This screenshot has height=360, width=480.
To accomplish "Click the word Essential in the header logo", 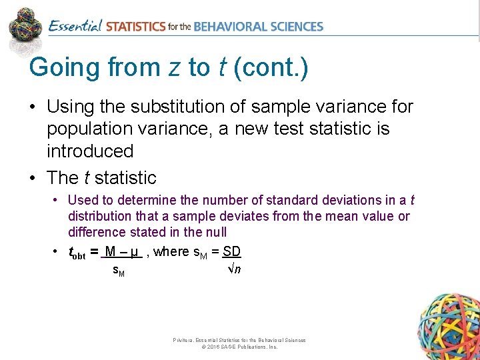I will point(75,27).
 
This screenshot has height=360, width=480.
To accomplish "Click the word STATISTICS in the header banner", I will point(135,27).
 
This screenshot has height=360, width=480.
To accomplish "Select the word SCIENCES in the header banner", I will point(294,27).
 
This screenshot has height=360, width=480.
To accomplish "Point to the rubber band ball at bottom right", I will point(447,327).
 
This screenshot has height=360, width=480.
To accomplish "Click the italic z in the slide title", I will point(175,68).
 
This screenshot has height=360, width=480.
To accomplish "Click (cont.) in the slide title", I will point(271,68).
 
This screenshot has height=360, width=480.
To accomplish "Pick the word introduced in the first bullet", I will point(90,151).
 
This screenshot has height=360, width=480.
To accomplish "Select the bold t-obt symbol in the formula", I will point(78,252).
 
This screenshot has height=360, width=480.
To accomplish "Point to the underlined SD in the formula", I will point(232,251).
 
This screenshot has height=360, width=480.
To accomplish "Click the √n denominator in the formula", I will point(233,269).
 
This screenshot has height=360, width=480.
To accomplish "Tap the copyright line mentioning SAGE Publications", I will point(239,347).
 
